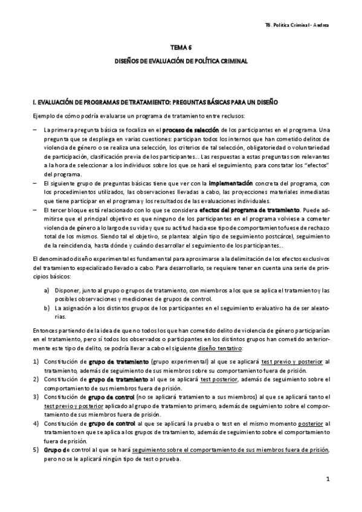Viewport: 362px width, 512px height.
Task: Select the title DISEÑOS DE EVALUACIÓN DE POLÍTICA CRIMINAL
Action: click(x=182, y=62)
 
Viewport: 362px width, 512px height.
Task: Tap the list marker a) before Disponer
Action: click(x=47, y=290)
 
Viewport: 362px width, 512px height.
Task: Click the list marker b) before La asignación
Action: click(x=47, y=308)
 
